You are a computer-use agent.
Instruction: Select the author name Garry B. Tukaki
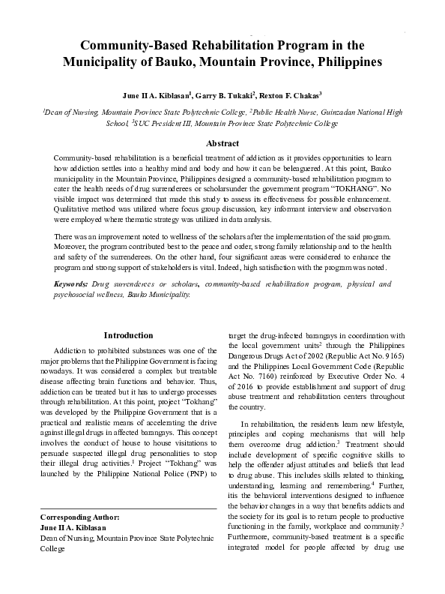223,96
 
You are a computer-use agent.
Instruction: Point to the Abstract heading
222,143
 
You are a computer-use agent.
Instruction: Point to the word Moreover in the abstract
74,245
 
